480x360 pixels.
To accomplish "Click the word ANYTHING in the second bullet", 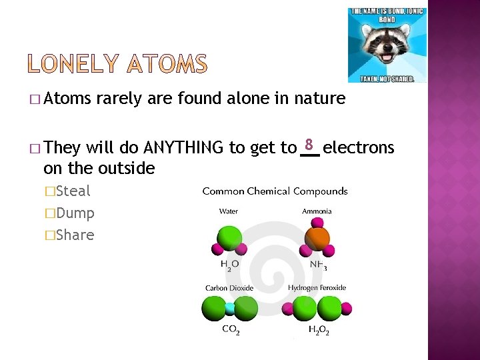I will click(x=185, y=147).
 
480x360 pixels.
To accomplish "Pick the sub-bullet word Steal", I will click(x=73, y=191).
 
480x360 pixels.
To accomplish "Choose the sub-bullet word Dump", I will click(x=75, y=213).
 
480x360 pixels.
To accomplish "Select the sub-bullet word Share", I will click(x=75, y=235).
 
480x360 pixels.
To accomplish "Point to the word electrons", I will click(x=359, y=147).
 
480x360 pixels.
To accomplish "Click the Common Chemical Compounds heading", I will click(x=275, y=191).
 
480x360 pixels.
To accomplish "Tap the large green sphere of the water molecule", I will click(x=229, y=238).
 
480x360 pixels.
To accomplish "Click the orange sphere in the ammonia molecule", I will click(x=317, y=238).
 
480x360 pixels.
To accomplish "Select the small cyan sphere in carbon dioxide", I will click(x=230, y=308).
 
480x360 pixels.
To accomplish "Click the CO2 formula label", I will click(x=230, y=330).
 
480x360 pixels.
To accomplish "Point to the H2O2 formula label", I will click(x=319, y=330).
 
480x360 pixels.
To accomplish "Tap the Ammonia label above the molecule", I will click(x=317, y=211).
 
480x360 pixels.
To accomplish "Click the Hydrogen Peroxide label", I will click(x=317, y=288).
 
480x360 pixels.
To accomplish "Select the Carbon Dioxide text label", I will click(x=229, y=288).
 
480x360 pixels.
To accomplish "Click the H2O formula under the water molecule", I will click(x=229, y=264).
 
